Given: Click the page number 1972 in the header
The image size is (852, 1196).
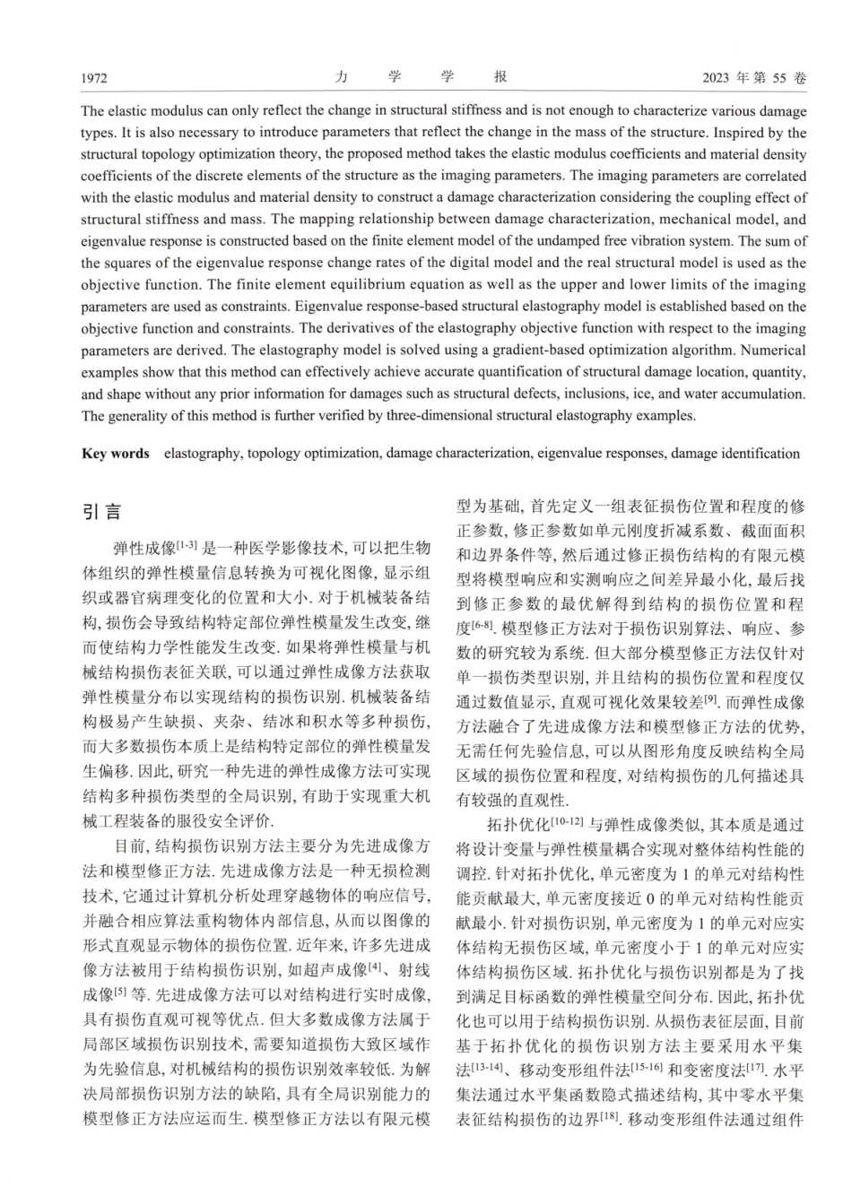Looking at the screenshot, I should (94, 79).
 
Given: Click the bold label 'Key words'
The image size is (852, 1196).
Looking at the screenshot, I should (116, 454).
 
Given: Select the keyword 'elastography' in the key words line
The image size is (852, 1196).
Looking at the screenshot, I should (201, 454).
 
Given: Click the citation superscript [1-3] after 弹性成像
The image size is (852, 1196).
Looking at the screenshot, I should (188, 543).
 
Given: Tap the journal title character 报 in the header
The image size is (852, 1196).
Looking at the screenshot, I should (501, 78).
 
